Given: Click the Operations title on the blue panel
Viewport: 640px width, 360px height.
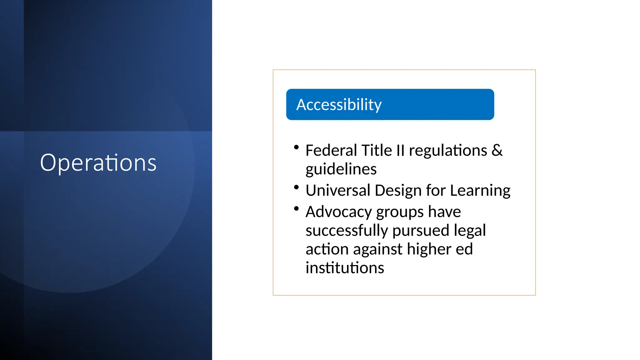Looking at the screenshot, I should pyautogui.click(x=98, y=163).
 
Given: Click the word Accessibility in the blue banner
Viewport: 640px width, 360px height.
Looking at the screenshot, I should pyautogui.click(x=339, y=105).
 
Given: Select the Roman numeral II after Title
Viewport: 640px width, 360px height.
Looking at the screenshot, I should pyautogui.click(x=400, y=150).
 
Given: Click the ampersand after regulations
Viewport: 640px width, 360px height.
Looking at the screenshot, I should pyautogui.click(x=497, y=150).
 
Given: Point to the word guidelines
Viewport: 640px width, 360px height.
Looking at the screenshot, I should pyautogui.click(x=341, y=169).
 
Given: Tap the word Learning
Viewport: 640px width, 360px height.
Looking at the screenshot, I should pyautogui.click(x=480, y=190).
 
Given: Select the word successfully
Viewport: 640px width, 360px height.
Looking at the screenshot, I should pyautogui.click(x=347, y=231).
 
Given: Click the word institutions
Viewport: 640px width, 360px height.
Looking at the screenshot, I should pyautogui.click(x=345, y=268).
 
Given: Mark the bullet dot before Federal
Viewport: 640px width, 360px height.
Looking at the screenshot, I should pyautogui.click(x=296, y=147).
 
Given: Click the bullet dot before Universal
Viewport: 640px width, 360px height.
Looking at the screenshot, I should pyautogui.click(x=296, y=187).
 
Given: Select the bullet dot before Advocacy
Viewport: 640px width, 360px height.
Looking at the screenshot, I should pyautogui.click(x=296, y=208).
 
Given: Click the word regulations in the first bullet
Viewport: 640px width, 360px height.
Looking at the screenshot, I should pyautogui.click(x=448, y=150).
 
